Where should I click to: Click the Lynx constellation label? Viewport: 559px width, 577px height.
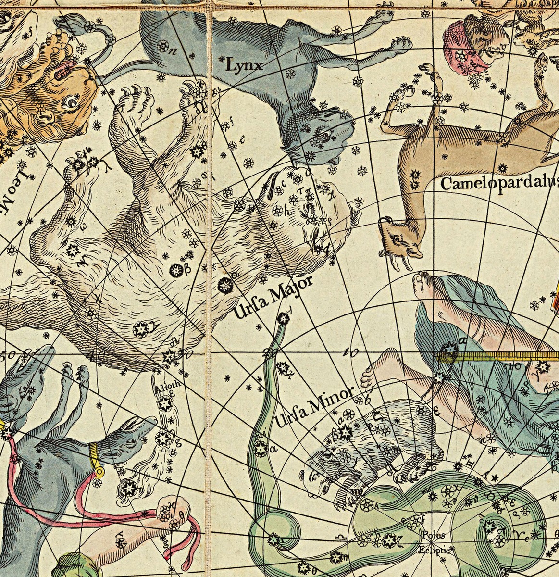point(245,64)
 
